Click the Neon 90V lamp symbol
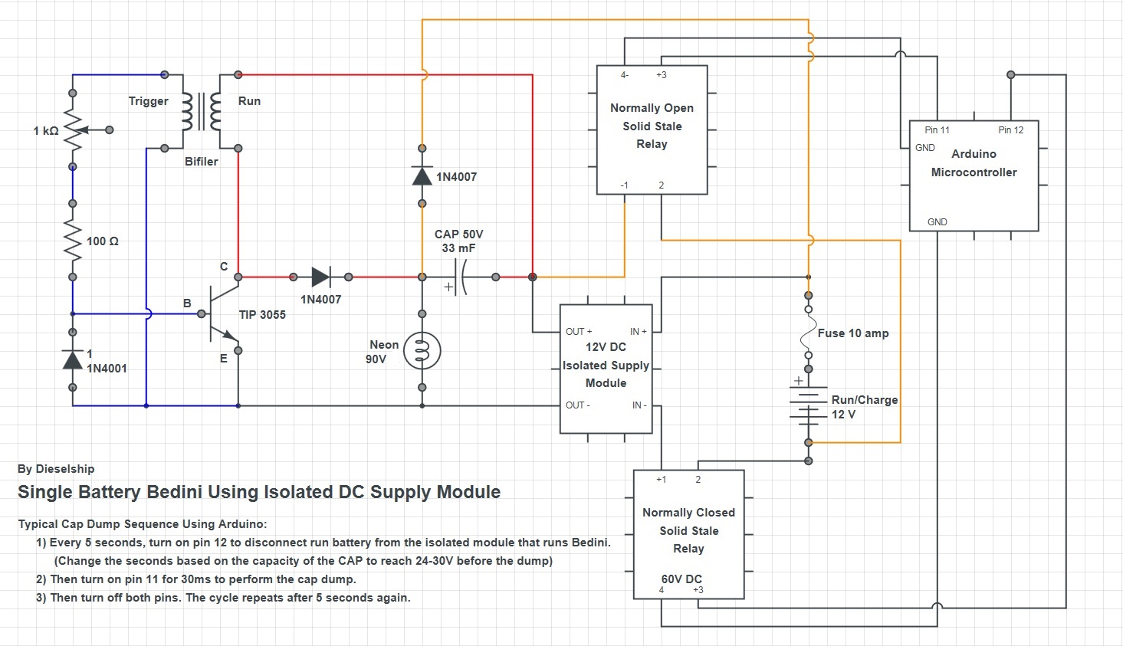pyautogui.click(x=422, y=350)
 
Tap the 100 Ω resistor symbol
pyautogui.click(x=73, y=240)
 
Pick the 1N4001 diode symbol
pyautogui.click(x=73, y=359)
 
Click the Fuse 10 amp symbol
pyautogui.click(x=808, y=333)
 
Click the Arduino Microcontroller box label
pyautogui.click(x=974, y=163)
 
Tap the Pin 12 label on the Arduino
pyautogui.click(x=1010, y=130)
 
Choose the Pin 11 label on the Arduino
pyautogui.click(x=937, y=130)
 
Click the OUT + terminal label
pyautogui.click(x=579, y=331)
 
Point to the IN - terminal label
pyautogui.click(x=639, y=405)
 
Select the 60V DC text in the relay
pyautogui.click(x=681, y=579)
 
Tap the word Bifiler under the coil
pyautogui.click(x=201, y=162)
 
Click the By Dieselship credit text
pyautogui.click(x=56, y=469)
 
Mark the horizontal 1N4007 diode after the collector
pyautogui.click(x=321, y=277)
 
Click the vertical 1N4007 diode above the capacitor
pyautogui.click(x=422, y=176)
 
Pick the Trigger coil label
pyautogui.click(x=148, y=101)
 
